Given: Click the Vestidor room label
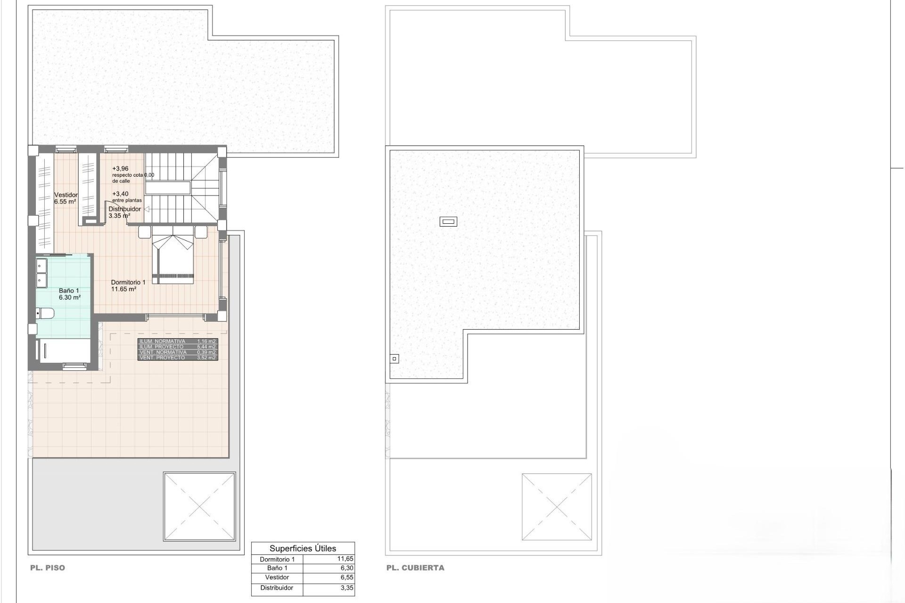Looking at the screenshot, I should (66, 195).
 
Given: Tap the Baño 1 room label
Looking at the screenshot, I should (69, 291).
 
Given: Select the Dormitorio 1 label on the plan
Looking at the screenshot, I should (128, 282).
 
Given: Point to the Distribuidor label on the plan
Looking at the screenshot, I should (124, 209).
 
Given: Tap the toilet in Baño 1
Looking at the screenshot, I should (46, 313).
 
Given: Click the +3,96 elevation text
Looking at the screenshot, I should (120, 169).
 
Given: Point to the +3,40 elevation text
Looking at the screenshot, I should (120, 194).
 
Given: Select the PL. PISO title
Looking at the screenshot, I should (48, 568).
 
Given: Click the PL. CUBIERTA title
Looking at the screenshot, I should (415, 568).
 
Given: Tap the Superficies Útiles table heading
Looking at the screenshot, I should (303, 548).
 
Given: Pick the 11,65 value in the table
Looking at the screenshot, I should (345, 559).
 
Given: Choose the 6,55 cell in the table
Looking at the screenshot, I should (346, 578).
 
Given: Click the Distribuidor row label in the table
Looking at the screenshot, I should (277, 588).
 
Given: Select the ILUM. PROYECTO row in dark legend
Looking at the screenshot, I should (178, 347).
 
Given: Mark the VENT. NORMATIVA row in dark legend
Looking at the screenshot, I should (178, 352).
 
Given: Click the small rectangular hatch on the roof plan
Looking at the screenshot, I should (448, 221).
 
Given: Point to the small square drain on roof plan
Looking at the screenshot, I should (395, 359).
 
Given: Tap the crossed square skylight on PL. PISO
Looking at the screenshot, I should (199, 506).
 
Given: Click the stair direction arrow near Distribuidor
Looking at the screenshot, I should (147, 209).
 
